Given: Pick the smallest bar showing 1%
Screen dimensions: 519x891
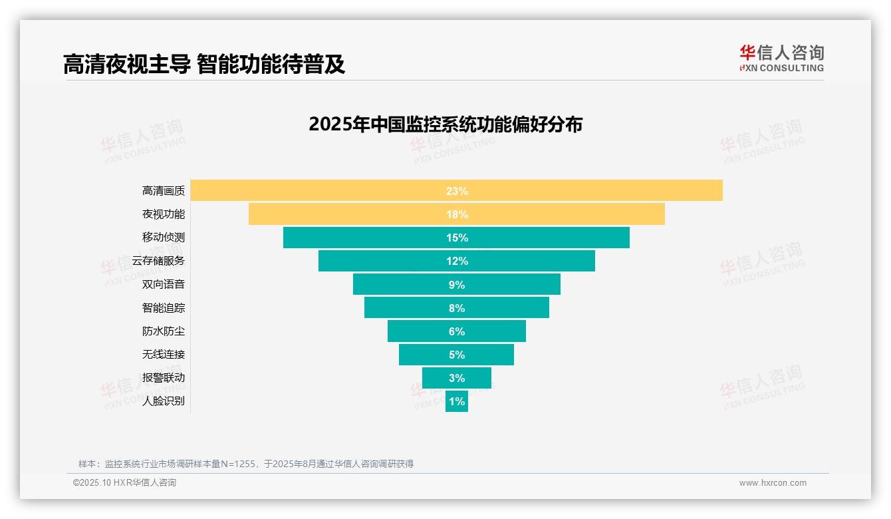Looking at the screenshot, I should (x=457, y=401).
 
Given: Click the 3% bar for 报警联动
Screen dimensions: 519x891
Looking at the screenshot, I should (x=457, y=378).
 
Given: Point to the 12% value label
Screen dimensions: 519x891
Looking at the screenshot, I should (x=457, y=261).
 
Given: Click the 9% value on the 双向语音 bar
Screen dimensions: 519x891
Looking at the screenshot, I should (x=457, y=285).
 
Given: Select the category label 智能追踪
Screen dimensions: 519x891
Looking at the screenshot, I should (x=164, y=307).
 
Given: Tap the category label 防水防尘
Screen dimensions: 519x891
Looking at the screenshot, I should (x=164, y=331).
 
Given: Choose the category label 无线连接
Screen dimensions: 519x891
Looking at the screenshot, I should (x=164, y=354).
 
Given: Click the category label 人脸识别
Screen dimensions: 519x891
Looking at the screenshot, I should (x=164, y=401).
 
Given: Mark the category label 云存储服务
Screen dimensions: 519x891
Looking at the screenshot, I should (x=158, y=261).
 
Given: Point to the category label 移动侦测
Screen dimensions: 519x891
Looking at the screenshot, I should (x=164, y=238).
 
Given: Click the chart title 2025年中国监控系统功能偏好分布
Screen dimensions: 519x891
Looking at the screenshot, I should (x=445, y=124).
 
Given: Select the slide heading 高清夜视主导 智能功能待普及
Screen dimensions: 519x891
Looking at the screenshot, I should (x=204, y=64).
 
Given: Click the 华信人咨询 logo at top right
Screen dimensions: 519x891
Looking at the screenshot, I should (x=781, y=58).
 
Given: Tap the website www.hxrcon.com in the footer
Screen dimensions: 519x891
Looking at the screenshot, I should (x=773, y=483).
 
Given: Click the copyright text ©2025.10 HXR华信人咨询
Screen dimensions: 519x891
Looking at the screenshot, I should (x=124, y=483).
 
